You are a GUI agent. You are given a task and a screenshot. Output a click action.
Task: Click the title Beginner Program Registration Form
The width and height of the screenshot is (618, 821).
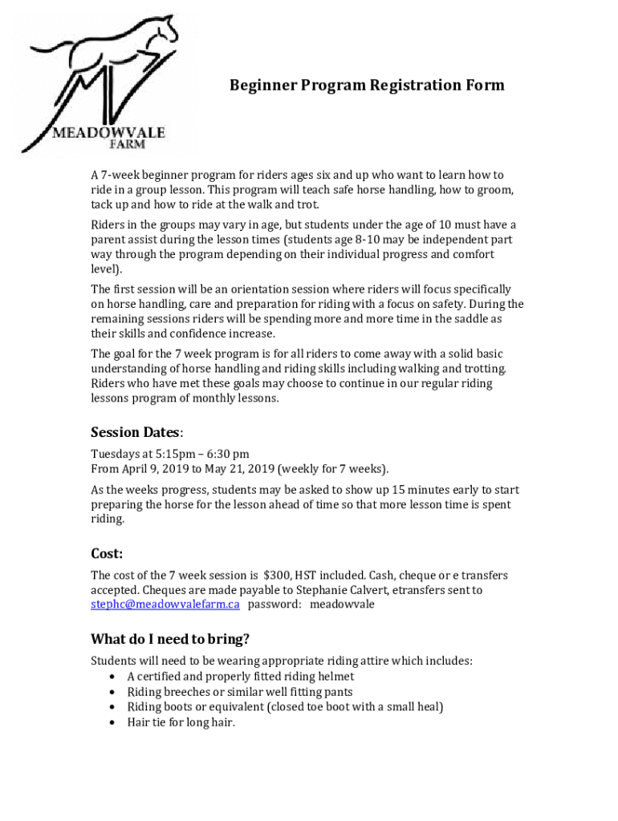point(367,85)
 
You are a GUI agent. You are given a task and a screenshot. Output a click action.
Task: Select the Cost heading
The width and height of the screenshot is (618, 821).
point(106,554)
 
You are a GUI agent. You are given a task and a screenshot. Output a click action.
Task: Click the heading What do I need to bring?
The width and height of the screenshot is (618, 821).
point(170,639)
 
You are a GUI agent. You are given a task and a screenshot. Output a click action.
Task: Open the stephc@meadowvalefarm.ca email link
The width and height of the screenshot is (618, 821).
point(165,605)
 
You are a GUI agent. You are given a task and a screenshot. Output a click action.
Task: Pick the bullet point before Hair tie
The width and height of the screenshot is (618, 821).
point(111,722)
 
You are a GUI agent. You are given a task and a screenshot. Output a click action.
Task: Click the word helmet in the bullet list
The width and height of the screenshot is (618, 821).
point(336,677)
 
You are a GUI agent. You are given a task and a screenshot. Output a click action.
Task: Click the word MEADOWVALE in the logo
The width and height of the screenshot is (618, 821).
point(108,131)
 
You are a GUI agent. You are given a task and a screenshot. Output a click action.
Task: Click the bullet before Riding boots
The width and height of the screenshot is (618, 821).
point(111,707)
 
